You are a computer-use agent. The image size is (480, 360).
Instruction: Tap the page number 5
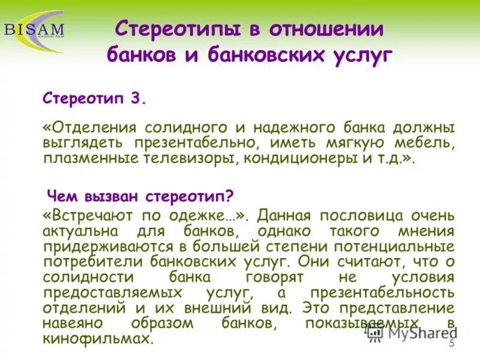(x=451, y=344)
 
